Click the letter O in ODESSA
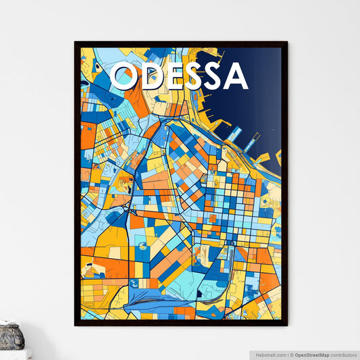(x=125, y=76)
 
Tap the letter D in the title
(x=152, y=76)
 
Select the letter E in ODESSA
(x=174, y=76)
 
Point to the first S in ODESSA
(x=194, y=76)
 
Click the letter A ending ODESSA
(x=235, y=76)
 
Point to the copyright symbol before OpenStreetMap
(x=292, y=354)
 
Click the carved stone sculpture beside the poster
(x=11, y=336)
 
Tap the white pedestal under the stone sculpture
(x=14, y=354)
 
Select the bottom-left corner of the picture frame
(x=76, y=325)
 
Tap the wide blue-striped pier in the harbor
(x=234, y=134)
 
